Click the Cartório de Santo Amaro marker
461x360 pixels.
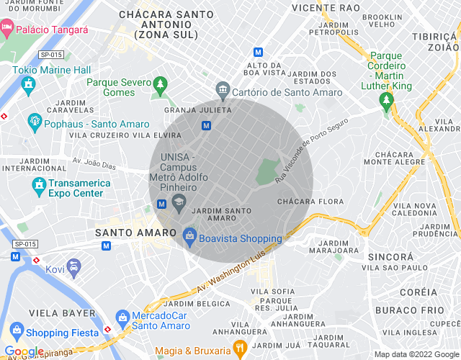coord(223,90)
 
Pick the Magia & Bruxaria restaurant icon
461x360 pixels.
coord(240,350)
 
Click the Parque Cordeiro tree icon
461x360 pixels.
coord(388,97)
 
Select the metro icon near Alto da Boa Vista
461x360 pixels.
coord(259,52)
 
